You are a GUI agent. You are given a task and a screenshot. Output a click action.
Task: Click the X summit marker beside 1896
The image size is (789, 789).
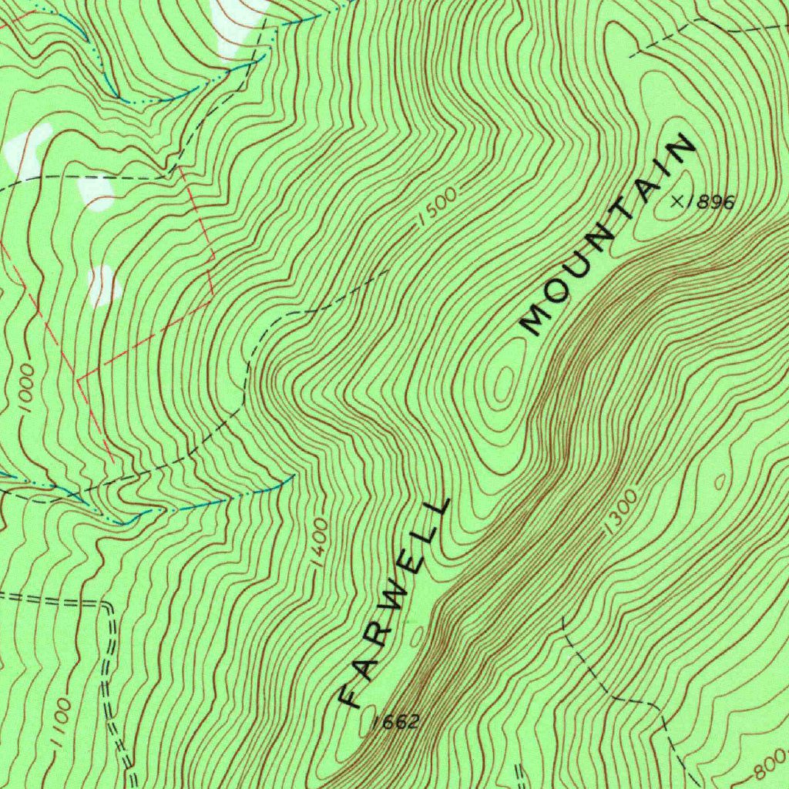coord(678,201)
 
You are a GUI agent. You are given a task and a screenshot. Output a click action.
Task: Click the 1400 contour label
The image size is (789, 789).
coord(321,542)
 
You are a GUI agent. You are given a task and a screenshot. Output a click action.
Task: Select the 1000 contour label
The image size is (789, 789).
coord(26,389)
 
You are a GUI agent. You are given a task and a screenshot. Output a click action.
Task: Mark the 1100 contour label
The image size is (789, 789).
coord(60,723)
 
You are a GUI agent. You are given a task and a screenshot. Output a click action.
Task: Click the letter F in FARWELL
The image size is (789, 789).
coord(351,695)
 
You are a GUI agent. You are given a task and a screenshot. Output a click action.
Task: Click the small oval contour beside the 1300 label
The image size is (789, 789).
coord(720,482)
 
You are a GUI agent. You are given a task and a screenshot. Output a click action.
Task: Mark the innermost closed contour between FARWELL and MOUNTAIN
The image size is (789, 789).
coord(504,382)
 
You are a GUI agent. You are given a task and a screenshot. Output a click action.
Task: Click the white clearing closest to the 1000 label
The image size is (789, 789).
coord(103,286)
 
